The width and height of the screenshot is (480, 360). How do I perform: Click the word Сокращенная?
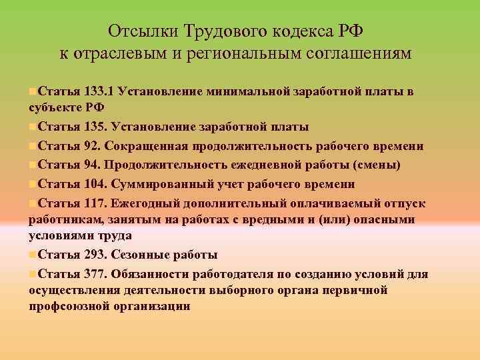coord(149,146)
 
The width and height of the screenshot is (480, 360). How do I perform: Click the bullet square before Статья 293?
coord(33,255)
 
